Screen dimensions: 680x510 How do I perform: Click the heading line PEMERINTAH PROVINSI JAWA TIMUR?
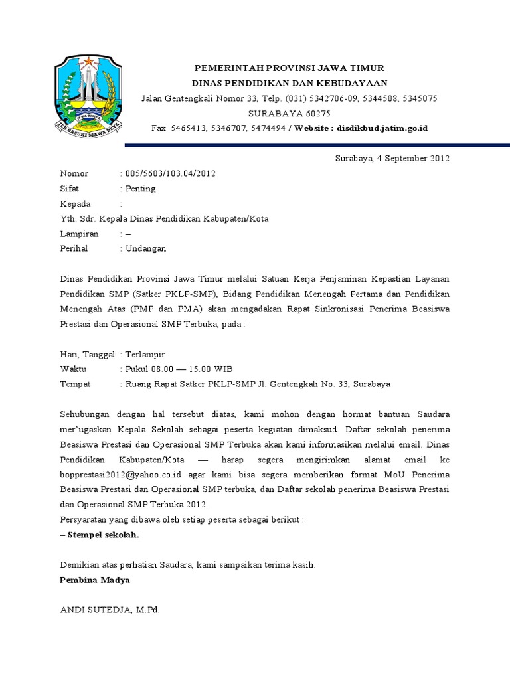[x=289, y=68]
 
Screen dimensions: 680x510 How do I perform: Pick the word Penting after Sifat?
[x=141, y=189]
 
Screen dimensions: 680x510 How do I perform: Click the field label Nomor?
[x=74, y=173]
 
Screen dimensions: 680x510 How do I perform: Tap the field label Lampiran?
[x=79, y=234]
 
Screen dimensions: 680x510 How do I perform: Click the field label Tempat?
[x=75, y=384]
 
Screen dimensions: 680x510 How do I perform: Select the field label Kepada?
[x=76, y=203]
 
